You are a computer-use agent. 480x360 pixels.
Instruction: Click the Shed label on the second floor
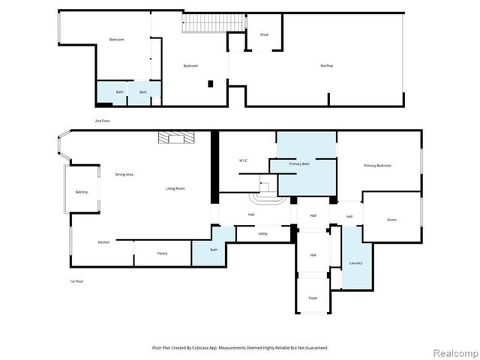coord(264,34)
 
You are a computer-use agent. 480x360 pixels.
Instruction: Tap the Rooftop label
coord(326,66)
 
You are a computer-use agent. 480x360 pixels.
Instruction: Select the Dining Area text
coord(124,175)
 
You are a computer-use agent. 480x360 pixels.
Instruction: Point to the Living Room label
coord(175,188)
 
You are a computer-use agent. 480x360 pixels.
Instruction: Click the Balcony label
coord(81,193)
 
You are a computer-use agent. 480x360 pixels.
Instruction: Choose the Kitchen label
coord(103,242)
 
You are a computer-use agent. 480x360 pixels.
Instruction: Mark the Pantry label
coord(162,253)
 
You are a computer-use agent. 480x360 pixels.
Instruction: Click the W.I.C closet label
coord(244,160)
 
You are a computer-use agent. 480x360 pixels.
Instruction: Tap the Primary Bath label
coord(300,163)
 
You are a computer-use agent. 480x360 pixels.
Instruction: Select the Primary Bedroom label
coord(377,166)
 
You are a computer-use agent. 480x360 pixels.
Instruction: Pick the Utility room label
coord(262,235)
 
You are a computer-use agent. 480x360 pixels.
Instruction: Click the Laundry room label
coord(355,262)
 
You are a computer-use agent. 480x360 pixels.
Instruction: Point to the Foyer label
coord(313,298)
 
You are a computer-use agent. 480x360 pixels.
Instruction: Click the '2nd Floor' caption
coord(103,121)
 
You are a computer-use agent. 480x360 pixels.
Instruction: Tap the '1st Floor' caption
coord(76,280)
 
